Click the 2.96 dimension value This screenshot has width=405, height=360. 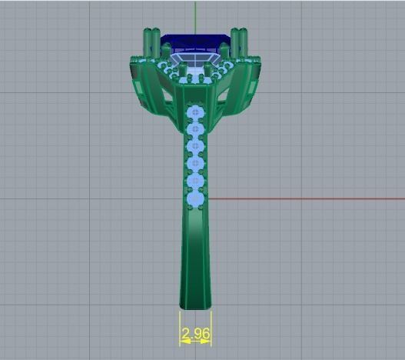[195, 333]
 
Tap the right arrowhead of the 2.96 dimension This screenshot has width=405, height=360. [208, 341]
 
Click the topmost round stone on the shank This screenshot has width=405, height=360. [195, 112]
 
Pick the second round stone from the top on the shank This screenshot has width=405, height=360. [195, 129]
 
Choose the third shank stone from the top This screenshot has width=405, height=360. [195, 146]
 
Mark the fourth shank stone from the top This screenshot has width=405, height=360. [195, 163]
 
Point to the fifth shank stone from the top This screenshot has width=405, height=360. [195, 181]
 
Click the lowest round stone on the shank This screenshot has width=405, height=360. [195, 198]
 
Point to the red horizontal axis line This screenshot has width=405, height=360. [307, 198]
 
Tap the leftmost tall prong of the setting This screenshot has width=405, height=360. [147, 42]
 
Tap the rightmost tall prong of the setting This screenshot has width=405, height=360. [244, 42]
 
